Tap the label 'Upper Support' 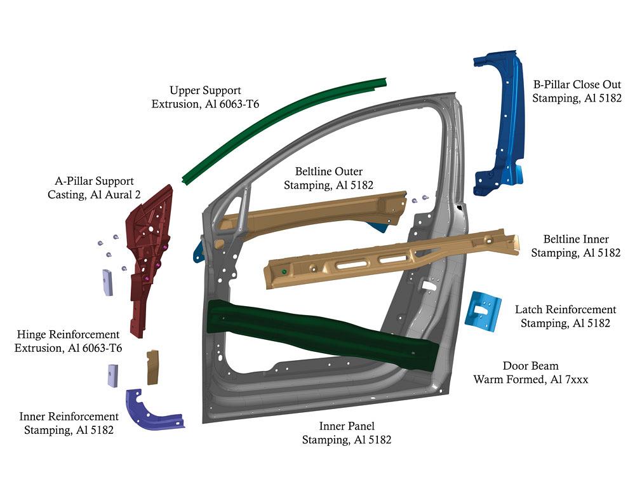tap(205, 91)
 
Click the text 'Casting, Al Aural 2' tap(94, 194)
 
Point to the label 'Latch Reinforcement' tap(565, 310)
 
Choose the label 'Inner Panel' tap(346, 426)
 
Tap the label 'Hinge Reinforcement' tap(69, 335)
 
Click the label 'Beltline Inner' tap(575, 239)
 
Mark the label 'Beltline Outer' tap(328, 172)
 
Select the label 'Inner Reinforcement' tap(69, 417)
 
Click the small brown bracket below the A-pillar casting tap(152, 367)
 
